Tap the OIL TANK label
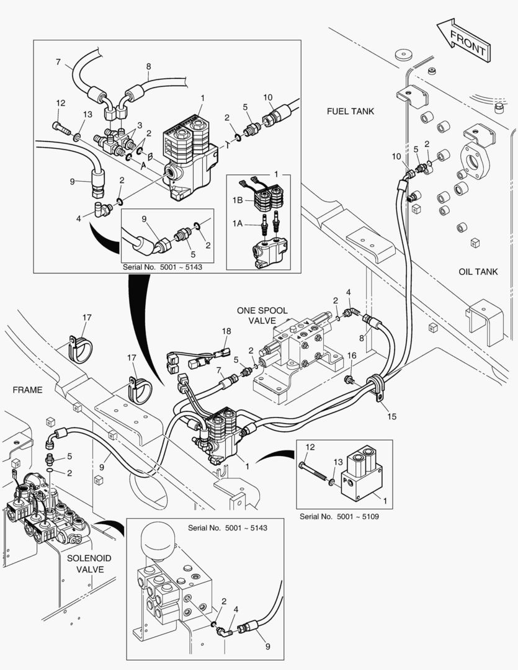478,272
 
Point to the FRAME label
27,390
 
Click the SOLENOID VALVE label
86,564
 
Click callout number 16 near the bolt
352,355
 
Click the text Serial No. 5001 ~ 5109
341,517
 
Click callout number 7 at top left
58,62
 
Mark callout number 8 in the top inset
148,66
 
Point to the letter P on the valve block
348,480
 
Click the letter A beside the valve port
144,166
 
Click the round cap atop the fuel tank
406,54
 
